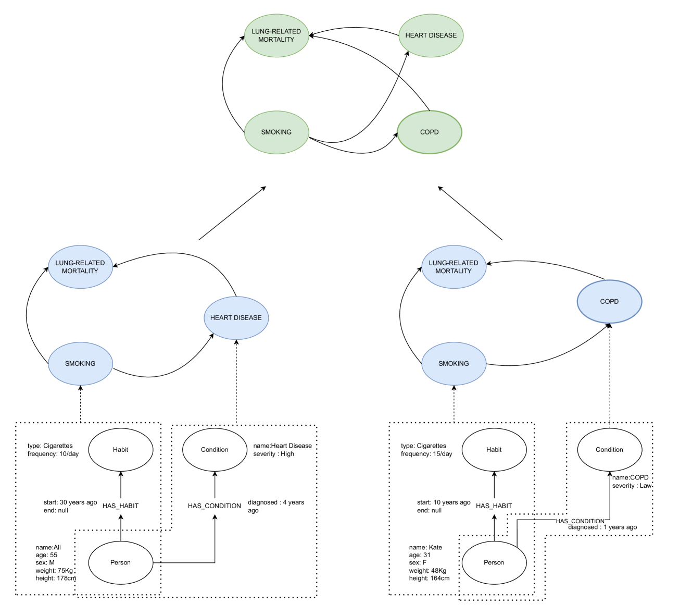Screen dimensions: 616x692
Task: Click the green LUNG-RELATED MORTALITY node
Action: click(276, 35)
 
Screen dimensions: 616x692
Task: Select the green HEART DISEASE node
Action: click(431, 35)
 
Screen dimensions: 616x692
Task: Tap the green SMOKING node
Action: click(276, 132)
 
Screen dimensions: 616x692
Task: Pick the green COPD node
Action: click(430, 132)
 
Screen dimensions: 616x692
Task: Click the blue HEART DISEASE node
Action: click(236, 318)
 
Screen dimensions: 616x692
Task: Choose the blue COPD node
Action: click(609, 302)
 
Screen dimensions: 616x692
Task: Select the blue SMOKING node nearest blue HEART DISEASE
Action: click(81, 364)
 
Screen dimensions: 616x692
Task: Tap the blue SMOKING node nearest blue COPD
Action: click(454, 364)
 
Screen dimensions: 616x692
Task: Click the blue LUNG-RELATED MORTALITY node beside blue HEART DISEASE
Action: click(81, 267)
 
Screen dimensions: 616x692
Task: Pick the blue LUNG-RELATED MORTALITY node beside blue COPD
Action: click(454, 267)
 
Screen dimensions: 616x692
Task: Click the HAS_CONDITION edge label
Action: click(580, 521)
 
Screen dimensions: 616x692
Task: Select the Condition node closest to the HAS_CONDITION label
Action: click(609, 450)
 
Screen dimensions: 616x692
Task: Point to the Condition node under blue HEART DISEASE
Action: click(215, 450)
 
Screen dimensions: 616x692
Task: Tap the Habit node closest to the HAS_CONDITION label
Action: click(494, 450)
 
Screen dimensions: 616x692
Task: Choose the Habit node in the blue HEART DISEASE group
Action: click(121, 450)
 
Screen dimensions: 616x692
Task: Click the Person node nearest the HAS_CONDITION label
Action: click(494, 563)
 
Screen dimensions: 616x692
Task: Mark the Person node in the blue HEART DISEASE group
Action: click(121, 563)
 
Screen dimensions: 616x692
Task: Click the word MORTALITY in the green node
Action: click(276, 40)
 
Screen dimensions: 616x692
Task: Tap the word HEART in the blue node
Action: click(221, 318)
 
